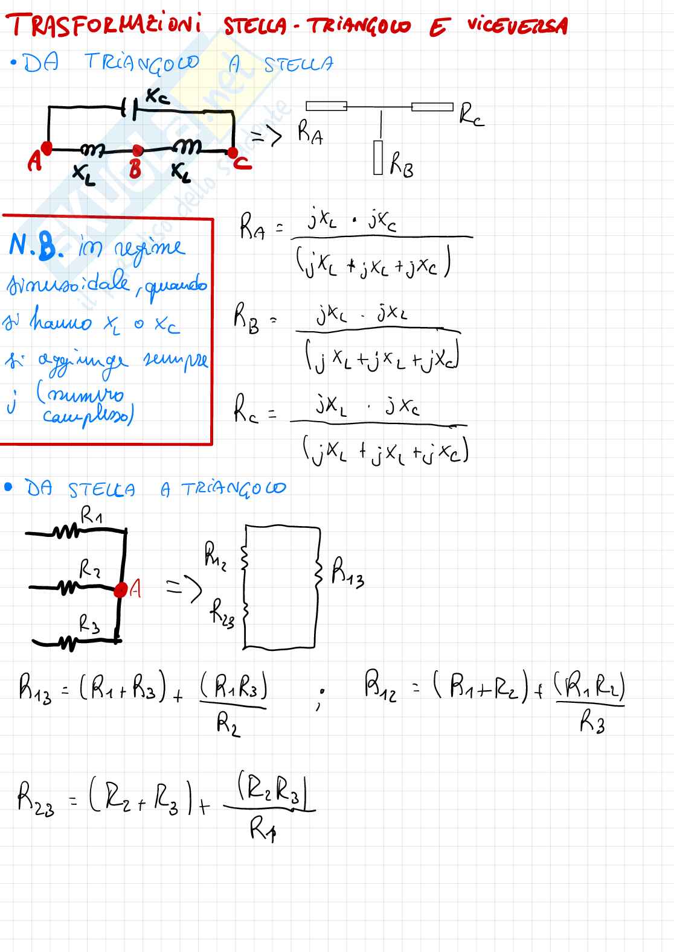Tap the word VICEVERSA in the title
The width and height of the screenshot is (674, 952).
point(517,25)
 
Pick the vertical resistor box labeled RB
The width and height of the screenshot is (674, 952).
point(379,158)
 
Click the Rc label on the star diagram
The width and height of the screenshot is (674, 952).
point(470,114)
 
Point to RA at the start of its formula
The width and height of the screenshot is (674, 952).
point(252,229)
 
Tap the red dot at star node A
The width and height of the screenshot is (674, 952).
point(120,589)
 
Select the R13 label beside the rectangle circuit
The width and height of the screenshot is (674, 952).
point(348,573)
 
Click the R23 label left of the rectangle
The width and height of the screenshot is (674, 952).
point(222,612)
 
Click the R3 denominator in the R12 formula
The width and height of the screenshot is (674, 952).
point(592,721)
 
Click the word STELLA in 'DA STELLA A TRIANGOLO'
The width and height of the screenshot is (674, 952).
point(101,489)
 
